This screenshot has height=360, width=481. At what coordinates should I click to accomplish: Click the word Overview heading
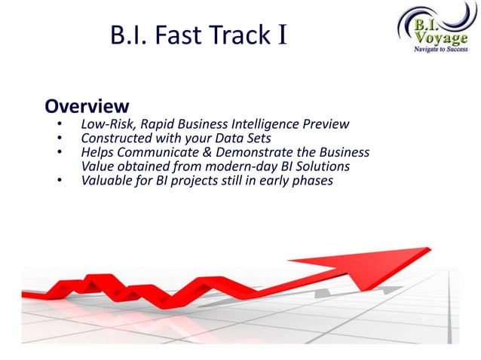(x=87, y=105)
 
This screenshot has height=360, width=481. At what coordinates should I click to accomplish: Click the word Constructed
(x=117, y=138)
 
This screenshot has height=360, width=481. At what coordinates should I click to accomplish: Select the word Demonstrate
(x=262, y=152)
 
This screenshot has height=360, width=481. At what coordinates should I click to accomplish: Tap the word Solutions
(x=323, y=166)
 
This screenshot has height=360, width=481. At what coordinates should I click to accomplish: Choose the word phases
(x=310, y=181)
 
